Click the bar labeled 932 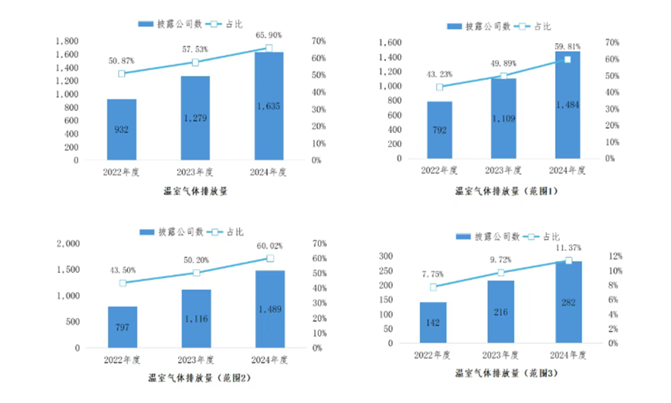click(122, 129)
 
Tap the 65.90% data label click(269, 35)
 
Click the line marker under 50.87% click(122, 74)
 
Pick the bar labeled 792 click(440, 130)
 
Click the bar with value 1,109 click(503, 119)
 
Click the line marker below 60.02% click(269, 259)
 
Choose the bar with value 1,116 click(196, 319)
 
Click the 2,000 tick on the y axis click(68, 243)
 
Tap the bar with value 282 click(568, 302)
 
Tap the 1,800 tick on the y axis click(68, 41)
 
